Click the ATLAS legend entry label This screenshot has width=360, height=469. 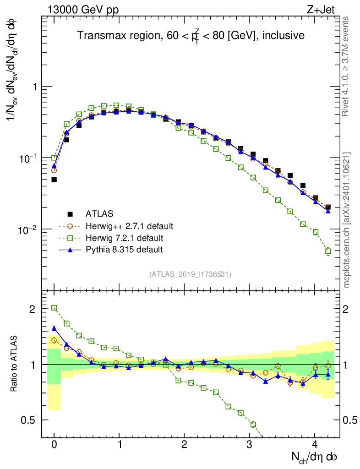99,213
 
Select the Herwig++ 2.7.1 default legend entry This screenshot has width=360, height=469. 129,226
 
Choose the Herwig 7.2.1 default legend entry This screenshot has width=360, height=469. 124,238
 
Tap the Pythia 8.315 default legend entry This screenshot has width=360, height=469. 124,250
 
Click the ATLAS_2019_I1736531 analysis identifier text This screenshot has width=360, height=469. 190,274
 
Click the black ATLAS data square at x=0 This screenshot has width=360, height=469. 54,180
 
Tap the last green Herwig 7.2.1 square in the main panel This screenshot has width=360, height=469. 328,251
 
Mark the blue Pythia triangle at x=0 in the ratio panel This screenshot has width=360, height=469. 54,328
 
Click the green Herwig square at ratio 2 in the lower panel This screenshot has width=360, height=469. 54,308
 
